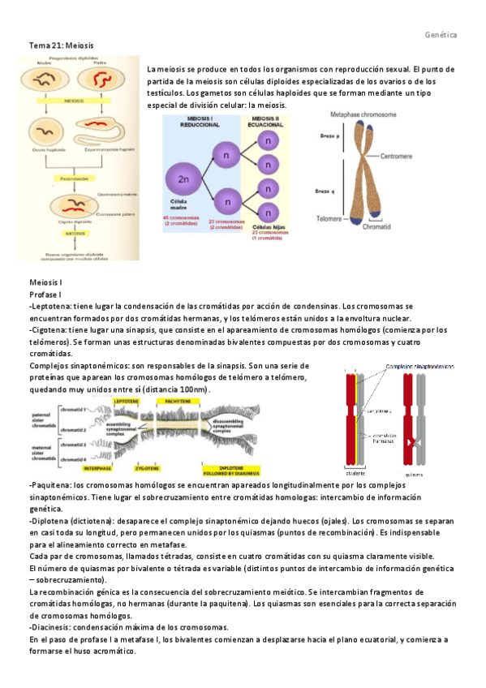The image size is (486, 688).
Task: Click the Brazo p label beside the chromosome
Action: click(x=327, y=135)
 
